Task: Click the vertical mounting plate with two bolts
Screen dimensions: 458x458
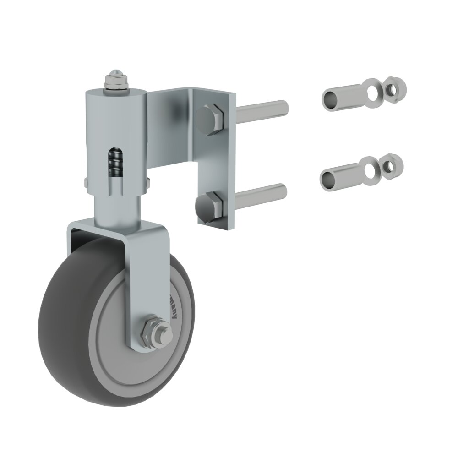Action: (215, 160)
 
